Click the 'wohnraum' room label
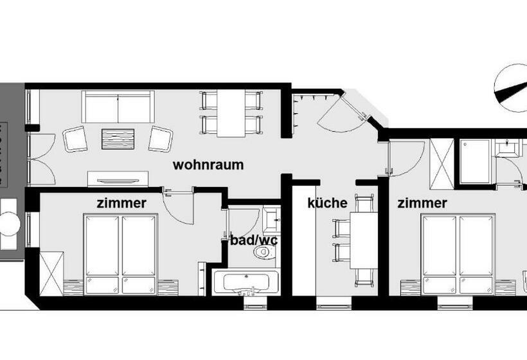point(208,165)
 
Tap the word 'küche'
point(327,203)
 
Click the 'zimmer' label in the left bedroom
point(121,203)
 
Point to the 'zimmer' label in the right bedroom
point(422,203)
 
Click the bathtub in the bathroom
point(246,282)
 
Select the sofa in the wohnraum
point(118,106)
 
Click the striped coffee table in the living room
point(118,138)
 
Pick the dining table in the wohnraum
point(231,113)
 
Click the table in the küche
point(364,239)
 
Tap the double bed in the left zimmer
point(121,255)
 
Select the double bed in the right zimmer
point(457,255)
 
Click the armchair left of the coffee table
point(75,139)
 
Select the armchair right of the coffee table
point(160,139)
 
